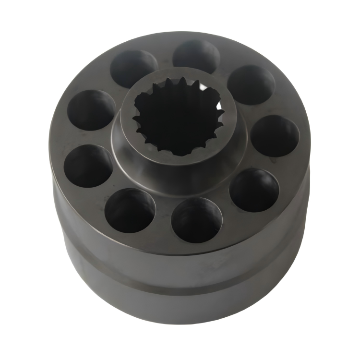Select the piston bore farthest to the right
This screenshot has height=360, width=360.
coord(276,136)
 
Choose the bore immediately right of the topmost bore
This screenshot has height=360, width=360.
coord(251,84)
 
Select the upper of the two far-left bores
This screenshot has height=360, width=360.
coord(91,110)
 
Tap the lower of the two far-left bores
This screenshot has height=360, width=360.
coord(88,166)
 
